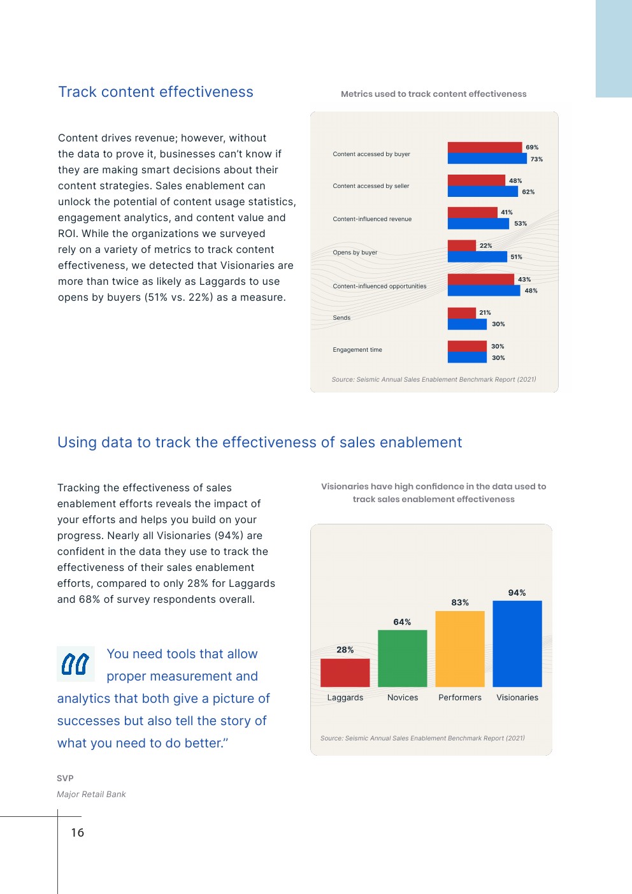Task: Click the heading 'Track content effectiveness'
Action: click(155, 92)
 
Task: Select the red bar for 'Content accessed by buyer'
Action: click(484, 147)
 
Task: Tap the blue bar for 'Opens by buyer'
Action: click(477, 257)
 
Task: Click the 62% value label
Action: click(528, 192)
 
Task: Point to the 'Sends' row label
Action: click(341, 317)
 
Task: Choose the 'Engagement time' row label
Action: click(357, 350)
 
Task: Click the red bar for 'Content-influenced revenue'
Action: click(472, 212)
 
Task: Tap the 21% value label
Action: click(485, 313)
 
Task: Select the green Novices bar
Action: click(402, 658)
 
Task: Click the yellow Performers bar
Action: click(459, 649)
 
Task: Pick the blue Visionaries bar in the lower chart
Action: click(517, 644)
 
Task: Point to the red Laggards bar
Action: click(345, 672)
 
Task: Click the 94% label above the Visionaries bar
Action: click(517, 593)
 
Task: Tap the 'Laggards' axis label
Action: click(345, 698)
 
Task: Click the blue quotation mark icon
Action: click(75, 664)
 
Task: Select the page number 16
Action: click(77, 833)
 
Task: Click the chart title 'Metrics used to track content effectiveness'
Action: click(433, 94)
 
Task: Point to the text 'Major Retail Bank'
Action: click(91, 795)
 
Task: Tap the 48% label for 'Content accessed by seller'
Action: click(515, 181)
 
